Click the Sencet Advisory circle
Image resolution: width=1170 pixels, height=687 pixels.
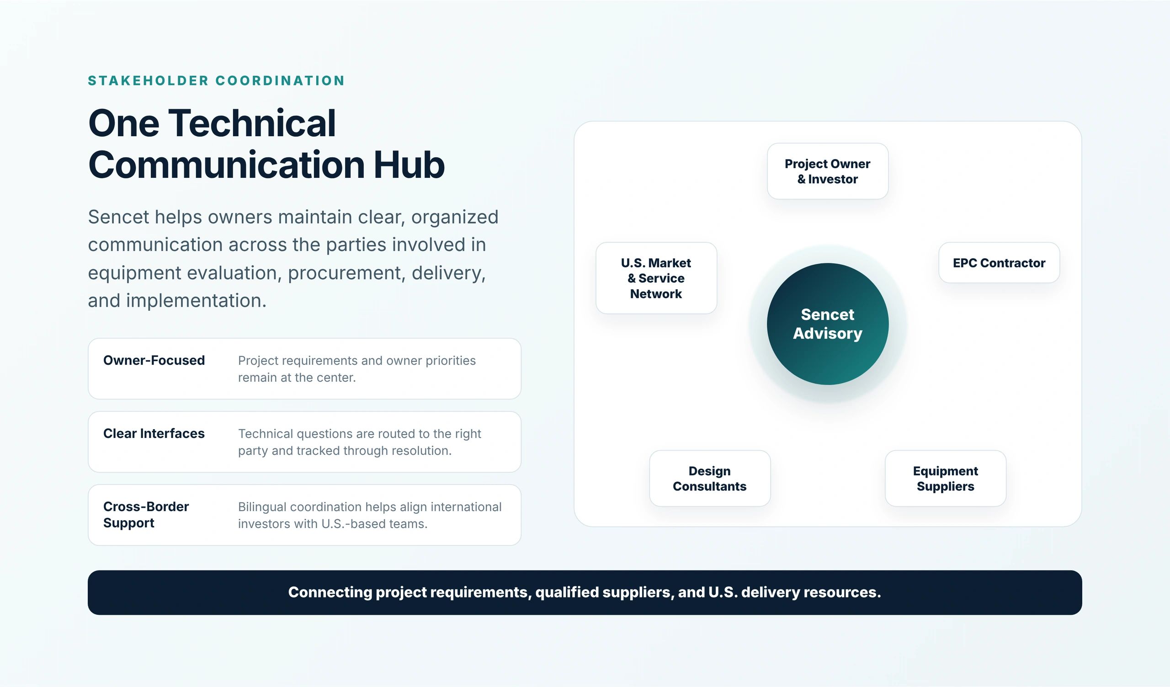[x=827, y=324]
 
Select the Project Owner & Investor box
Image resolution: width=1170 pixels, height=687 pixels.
[x=827, y=171]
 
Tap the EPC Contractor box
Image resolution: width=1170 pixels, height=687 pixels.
[x=999, y=263]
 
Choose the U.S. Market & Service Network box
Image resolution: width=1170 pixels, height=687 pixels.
[x=656, y=278]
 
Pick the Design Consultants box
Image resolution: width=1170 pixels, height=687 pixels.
[x=710, y=478]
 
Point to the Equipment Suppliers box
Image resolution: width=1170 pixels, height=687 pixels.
[x=945, y=478]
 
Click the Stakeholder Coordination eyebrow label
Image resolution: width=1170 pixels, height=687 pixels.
[x=216, y=81]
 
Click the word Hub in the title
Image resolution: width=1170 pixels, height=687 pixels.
[x=409, y=165]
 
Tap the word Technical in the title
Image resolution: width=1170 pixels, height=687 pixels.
[x=252, y=123]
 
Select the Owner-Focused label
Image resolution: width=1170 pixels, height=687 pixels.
[x=154, y=360]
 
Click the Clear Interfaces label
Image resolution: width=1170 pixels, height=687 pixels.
[x=154, y=434]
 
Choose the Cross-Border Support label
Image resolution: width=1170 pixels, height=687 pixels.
[x=146, y=514]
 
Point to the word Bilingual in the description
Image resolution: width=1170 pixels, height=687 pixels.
[x=262, y=507]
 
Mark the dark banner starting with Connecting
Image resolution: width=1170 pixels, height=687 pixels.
[x=585, y=592]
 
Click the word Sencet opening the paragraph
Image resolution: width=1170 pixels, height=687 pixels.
[x=118, y=217]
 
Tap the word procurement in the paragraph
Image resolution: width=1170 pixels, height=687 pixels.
[x=346, y=273]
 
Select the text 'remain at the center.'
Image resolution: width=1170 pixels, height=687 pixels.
[x=297, y=378]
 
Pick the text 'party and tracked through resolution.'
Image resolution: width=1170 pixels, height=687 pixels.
[x=345, y=451]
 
